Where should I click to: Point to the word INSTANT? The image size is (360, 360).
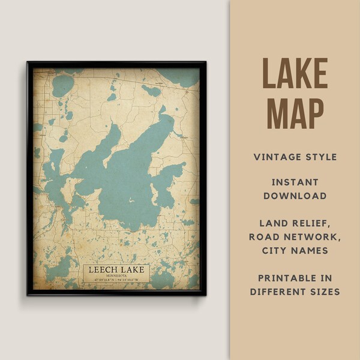pyautogui.click(x=295, y=181)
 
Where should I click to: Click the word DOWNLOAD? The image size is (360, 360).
pyautogui.click(x=295, y=196)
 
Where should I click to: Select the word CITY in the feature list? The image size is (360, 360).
pyautogui.click(x=276, y=251)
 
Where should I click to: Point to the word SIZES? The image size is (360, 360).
pyautogui.click(x=324, y=292)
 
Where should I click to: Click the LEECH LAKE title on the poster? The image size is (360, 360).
pyautogui.click(x=116, y=270)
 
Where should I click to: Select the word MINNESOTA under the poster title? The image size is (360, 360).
pyautogui.click(x=116, y=277)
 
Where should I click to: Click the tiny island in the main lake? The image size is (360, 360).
pyautogui.click(x=131, y=200)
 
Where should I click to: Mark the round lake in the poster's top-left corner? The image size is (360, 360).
pyautogui.click(x=62, y=86)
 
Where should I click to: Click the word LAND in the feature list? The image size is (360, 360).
pyautogui.click(x=273, y=222)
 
